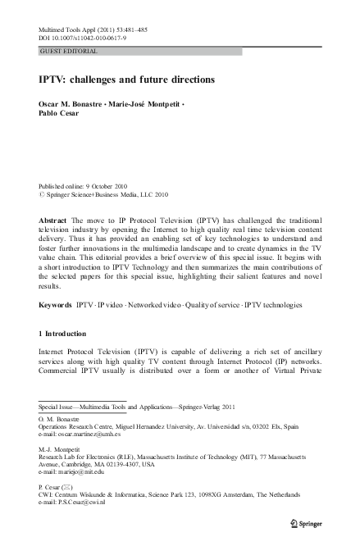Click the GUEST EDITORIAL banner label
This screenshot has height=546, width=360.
69,51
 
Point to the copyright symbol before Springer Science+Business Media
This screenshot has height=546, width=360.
42,195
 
